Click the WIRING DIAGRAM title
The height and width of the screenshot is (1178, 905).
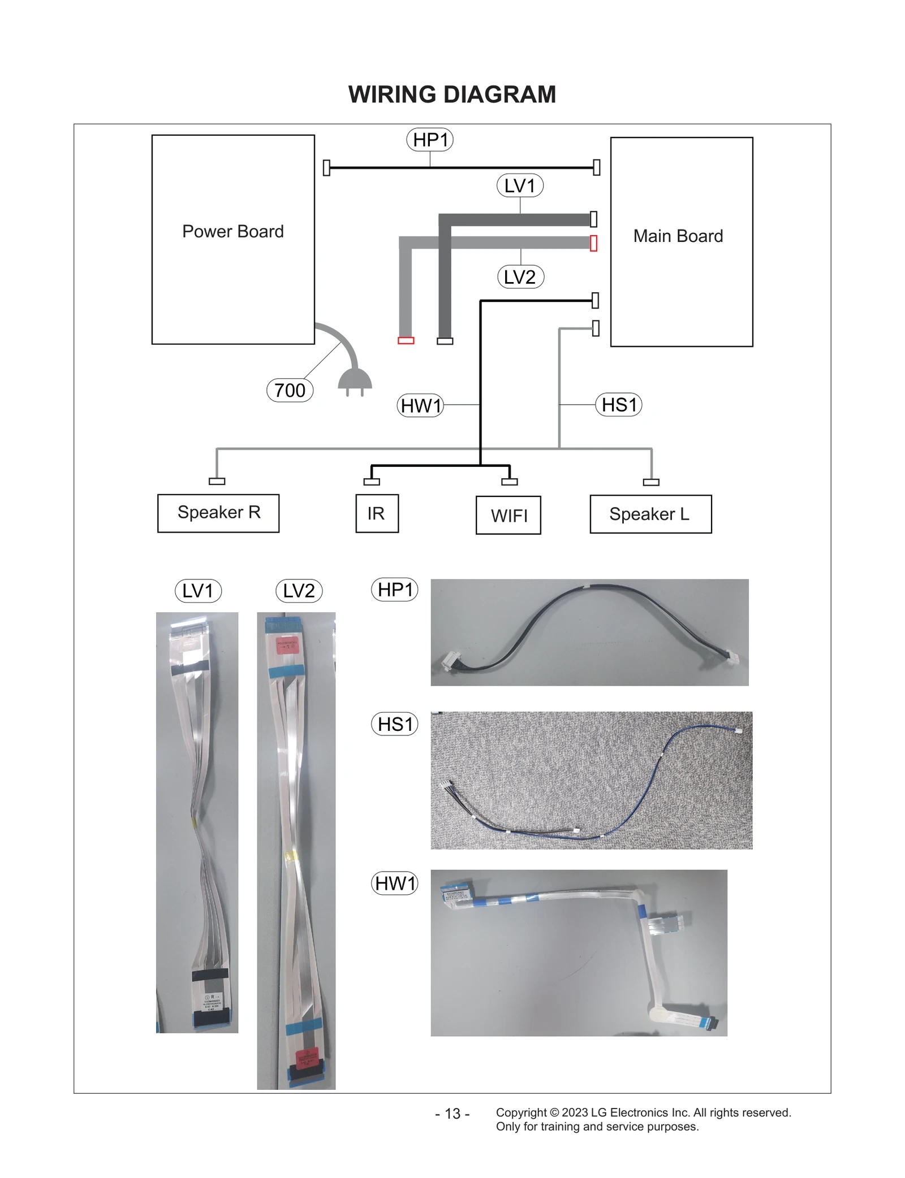(452, 94)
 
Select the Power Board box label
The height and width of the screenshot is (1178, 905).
(232, 232)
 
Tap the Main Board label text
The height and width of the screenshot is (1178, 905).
(678, 236)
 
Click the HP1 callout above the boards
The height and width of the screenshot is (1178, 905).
(430, 140)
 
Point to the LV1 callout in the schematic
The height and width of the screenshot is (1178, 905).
(520, 185)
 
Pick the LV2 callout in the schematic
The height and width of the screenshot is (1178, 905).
(520, 277)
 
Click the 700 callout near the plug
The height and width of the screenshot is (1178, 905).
(290, 390)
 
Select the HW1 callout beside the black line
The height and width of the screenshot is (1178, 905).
(420, 405)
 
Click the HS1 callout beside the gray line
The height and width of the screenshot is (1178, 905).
(619, 405)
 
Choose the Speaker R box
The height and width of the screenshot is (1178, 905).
(218, 513)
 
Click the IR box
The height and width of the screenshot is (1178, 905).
(377, 513)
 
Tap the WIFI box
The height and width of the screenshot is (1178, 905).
(508, 515)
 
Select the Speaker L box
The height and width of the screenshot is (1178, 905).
(650, 514)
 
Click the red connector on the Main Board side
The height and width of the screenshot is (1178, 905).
(593, 243)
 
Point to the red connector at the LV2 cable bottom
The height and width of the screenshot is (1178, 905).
(406, 340)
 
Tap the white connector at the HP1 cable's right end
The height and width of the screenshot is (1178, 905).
(734, 658)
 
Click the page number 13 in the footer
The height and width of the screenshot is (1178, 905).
(452, 1114)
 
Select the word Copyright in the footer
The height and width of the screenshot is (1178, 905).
(520, 1112)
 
